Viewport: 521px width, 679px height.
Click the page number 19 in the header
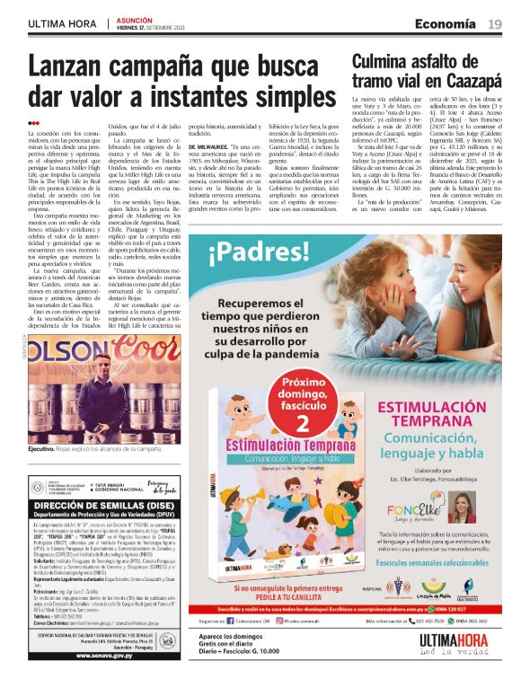(494, 24)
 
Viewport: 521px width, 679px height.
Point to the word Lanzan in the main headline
(76, 67)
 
